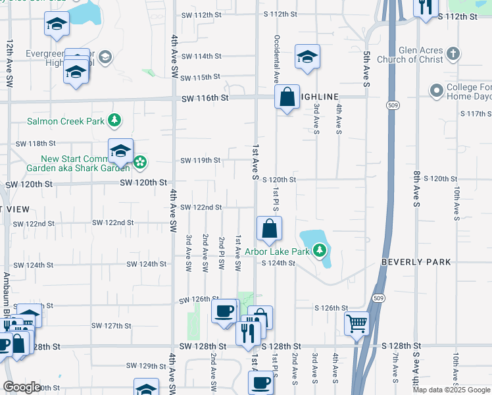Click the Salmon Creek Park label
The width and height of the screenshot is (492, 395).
[x=66, y=121]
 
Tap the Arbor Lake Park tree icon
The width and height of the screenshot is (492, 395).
[x=319, y=250]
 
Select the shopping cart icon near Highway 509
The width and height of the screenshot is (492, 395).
[x=357, y=323]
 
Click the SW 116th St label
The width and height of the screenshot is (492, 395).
[x=205, y=98]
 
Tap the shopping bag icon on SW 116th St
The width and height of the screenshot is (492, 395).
[x=287, y=97]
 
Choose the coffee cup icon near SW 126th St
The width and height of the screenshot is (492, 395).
[x=224, y=310]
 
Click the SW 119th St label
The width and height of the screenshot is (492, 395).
[x=200, y=160]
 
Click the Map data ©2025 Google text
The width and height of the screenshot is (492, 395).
[x=451, y=390]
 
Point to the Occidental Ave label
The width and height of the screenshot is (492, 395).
[x=277, y=59]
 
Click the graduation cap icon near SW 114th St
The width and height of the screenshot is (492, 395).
[x=307, y=57]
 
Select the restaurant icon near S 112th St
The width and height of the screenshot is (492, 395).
[x=426, y=7]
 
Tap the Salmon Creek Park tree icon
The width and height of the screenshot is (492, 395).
[x=115, y=120]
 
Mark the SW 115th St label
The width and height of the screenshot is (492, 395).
[x=200, y=78]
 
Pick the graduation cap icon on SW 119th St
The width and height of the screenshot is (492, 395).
[x=120, y=152]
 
